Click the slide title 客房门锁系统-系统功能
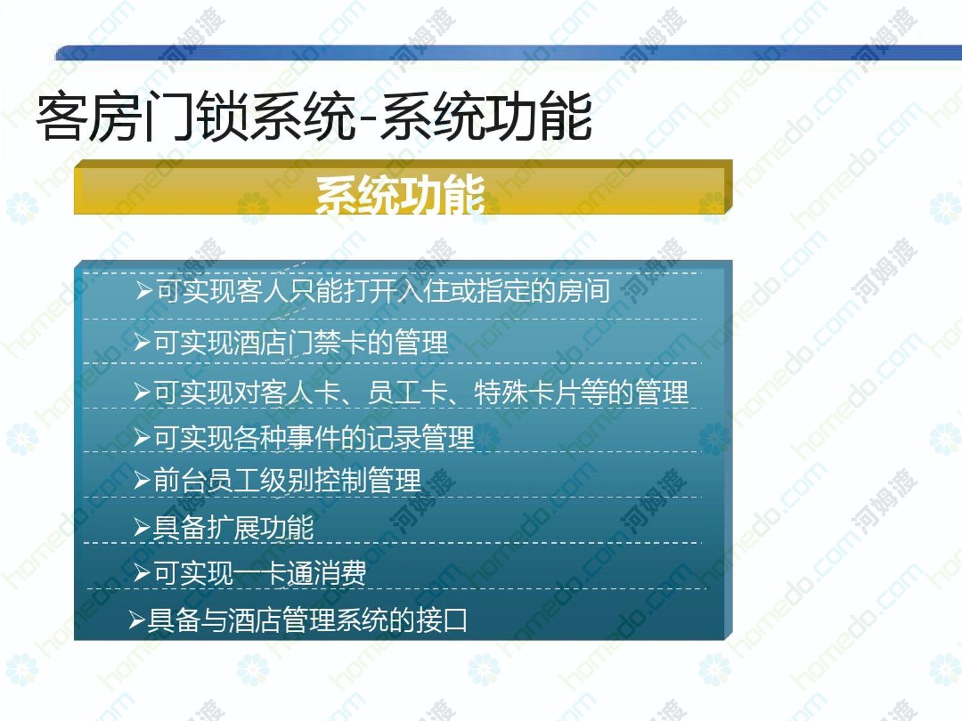314,117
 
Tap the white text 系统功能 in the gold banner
400,195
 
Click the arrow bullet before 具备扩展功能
142,528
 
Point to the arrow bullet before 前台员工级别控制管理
142,481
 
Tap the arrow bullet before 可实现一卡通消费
142,573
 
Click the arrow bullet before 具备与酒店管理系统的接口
137,620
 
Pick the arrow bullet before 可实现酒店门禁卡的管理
142,342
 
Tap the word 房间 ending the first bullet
583,291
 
